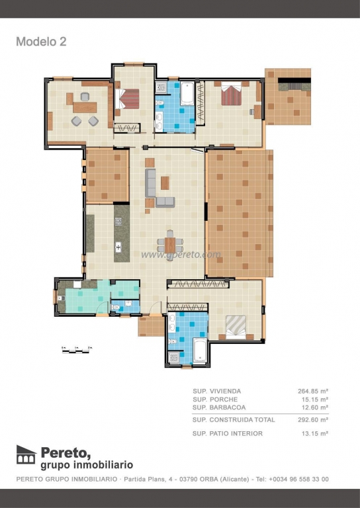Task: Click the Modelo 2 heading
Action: (41, 42)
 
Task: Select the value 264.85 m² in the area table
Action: (313, 391)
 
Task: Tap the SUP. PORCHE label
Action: (215, 399)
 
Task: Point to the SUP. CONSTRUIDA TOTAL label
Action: (234, 420)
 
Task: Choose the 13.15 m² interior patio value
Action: (314, 433)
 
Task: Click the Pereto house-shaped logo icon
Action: (26, 454)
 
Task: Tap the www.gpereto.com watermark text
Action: (181, 254)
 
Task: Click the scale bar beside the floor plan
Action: (77, 350)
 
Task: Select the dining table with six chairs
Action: (170, 245)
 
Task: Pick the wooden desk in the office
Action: (85, 107)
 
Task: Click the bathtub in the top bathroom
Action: (187, 94)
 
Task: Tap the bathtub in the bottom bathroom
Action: (200, 351)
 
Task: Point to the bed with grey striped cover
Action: (236, 327)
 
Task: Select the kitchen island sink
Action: (118, 247)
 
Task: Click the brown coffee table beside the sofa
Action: (165, 183)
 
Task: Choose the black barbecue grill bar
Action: (294, 80)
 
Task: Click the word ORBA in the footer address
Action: (209, 479)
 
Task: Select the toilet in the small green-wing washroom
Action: (115, 307)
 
